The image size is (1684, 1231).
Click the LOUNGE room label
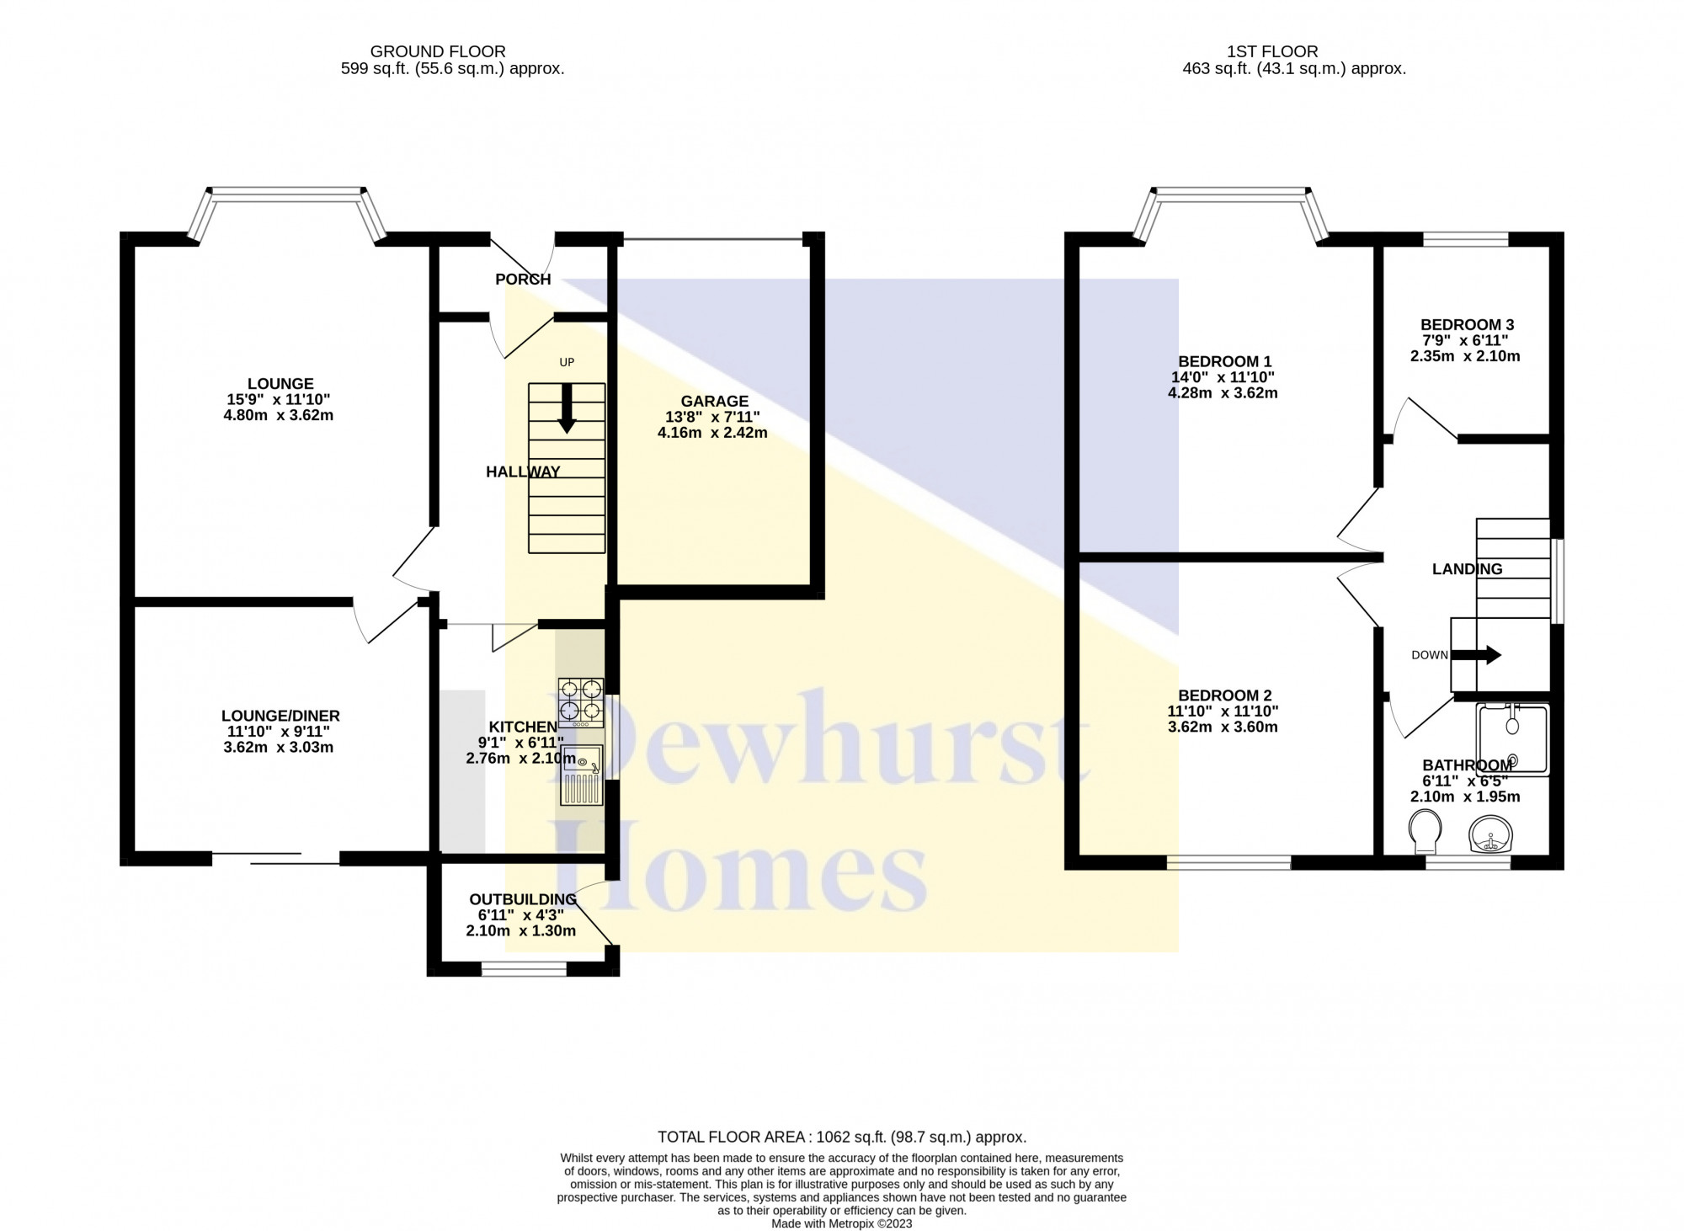280,384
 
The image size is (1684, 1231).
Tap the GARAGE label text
715,402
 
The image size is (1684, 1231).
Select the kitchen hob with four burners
581,703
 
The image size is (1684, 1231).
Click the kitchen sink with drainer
582,775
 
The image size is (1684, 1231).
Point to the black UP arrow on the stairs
567,408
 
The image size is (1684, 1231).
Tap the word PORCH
523,280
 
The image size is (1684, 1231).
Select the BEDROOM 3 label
1467,325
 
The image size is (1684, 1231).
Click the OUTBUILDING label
523,899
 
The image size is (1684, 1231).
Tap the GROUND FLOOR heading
438,52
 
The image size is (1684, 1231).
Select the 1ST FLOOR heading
1284,52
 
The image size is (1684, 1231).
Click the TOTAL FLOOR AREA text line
842,1138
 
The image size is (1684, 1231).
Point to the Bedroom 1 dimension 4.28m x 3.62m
1223,393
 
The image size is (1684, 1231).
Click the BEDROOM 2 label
1224,695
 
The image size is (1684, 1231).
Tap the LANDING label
1467,569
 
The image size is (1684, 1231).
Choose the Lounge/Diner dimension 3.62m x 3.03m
279,748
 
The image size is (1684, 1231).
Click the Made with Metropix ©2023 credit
841,1223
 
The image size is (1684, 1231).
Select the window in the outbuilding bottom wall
524,971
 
